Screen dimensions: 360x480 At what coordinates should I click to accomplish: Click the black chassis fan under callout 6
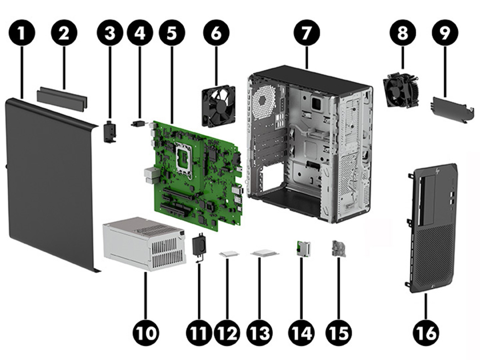(x=218, y=106)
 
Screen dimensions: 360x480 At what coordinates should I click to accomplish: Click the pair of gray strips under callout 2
(x=62, y=97)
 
